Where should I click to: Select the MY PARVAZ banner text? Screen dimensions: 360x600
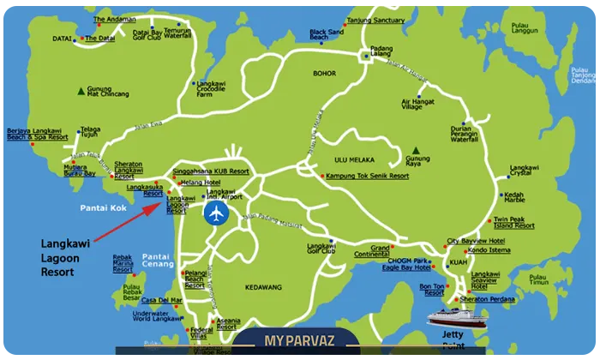[297, 341]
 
